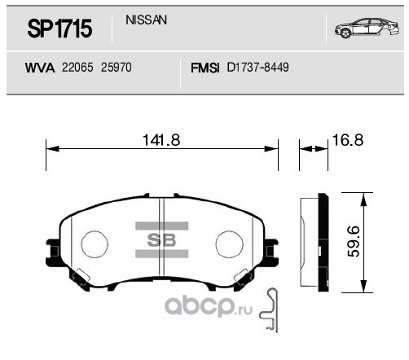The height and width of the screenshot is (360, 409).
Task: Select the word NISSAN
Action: point(147,20)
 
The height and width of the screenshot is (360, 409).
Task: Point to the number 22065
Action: point(77,71)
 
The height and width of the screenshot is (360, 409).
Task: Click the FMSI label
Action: point(204,71)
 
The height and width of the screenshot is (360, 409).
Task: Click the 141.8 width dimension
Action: point(161,140)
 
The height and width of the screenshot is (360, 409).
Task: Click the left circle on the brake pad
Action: point(95,244)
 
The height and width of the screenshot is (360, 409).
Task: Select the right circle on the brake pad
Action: point(231,244)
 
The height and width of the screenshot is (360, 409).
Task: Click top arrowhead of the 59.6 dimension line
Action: point(359,196)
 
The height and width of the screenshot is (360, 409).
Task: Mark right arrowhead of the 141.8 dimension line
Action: point(275,148)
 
